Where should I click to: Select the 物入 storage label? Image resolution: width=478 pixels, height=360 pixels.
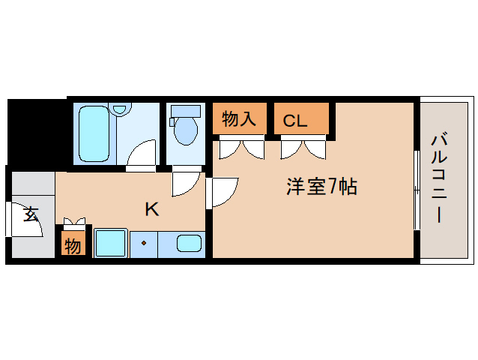pos(240,118)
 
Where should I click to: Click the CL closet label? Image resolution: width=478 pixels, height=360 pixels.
pos(294,120)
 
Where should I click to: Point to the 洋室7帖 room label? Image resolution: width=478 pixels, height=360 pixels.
pos(321,187)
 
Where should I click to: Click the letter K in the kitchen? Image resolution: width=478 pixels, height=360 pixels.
pos(151,209)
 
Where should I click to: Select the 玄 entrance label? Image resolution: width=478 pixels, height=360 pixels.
pos(30,214)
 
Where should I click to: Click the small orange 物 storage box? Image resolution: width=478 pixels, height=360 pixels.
pos(73,245)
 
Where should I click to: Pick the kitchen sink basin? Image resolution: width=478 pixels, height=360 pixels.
pos(189,244)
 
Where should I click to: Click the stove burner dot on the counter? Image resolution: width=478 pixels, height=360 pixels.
pos(142,243)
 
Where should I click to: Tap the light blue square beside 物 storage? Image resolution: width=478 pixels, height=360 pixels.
pos(110,244)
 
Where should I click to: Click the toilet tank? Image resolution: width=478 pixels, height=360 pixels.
pos(186,111)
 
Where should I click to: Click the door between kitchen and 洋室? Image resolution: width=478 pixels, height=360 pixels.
pos(223,191)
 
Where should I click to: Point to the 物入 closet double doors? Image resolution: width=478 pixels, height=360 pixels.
pos(241,148)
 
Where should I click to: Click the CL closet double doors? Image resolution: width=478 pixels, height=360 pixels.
pos(303,148)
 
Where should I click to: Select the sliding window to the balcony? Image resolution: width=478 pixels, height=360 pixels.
pos(416,191)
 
